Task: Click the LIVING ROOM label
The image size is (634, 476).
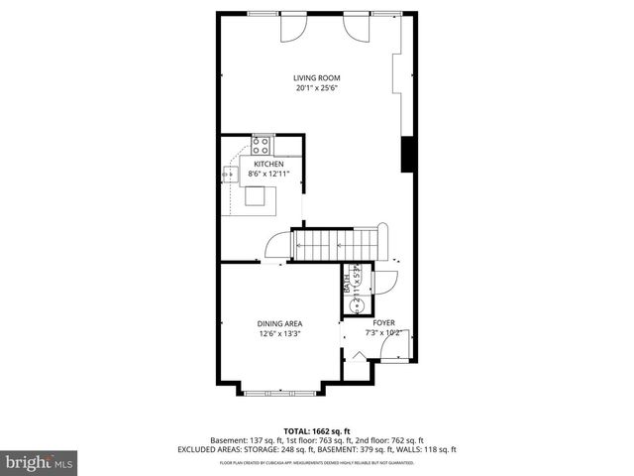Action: coord(316,77)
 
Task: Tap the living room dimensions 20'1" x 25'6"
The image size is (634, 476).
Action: coord(316,88)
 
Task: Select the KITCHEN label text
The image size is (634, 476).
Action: coord(268,164)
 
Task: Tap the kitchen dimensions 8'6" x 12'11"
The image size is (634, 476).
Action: coord(268,174)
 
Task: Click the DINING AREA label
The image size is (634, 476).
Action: coord(279,323)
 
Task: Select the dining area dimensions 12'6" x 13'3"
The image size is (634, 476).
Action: coord(279,334)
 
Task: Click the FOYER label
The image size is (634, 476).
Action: coord(383,323)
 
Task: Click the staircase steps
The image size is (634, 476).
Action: coord(337,243)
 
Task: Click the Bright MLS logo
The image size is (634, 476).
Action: coord(40,461)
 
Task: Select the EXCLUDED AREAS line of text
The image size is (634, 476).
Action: coord(316,449)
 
